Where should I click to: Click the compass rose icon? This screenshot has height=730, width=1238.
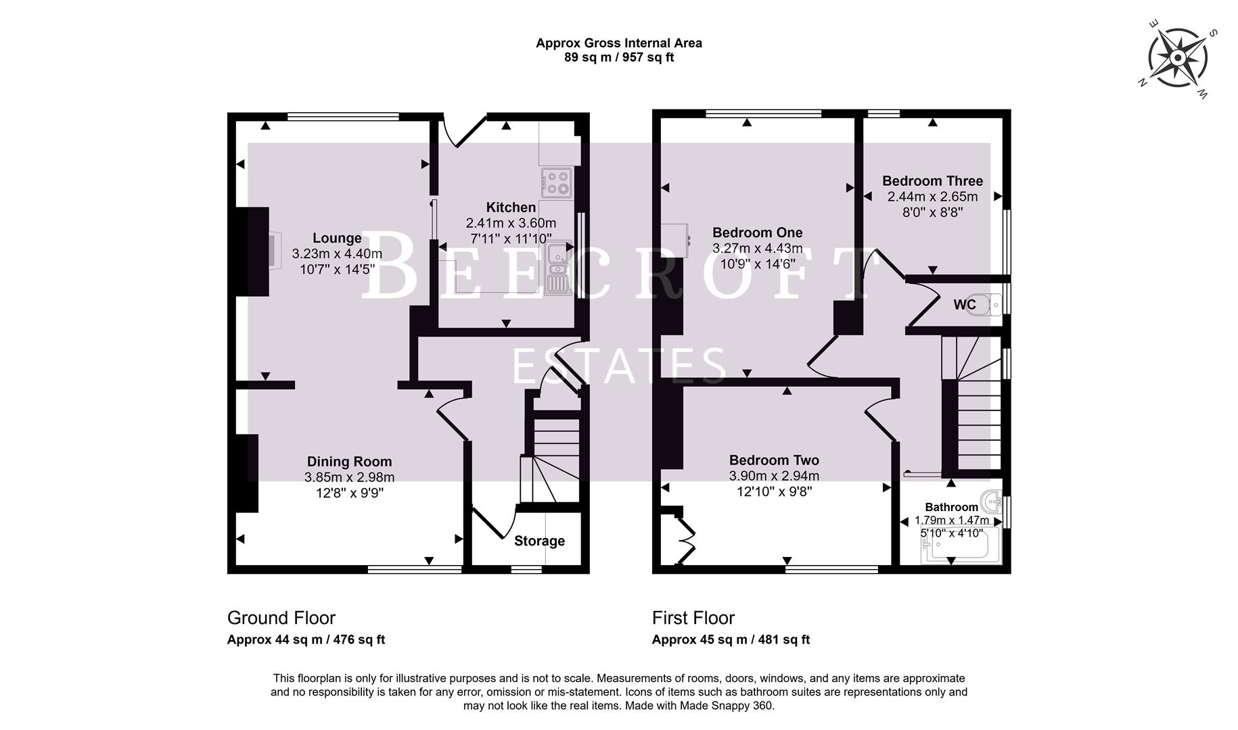(1178, 58)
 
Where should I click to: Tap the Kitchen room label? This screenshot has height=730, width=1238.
(511, 208)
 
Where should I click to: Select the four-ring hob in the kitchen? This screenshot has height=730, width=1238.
(556, 183)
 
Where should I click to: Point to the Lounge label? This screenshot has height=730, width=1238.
(337, 238)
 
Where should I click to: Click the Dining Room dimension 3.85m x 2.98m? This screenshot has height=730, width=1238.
(349, 477)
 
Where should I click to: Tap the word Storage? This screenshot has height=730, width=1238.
(539, 541)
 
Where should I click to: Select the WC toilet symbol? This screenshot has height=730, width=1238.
(993, 304)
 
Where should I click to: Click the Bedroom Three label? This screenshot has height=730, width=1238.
(932, 181)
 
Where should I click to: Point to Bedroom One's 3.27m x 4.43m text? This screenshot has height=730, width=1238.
(757, 249)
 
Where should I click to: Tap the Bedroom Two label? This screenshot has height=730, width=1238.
(774, 460)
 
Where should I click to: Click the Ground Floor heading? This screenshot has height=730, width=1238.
(281, 618)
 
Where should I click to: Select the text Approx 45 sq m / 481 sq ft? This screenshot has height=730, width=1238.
(731, 639)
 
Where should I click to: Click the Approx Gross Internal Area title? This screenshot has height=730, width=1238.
(618, 43)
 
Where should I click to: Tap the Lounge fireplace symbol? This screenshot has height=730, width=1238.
(273, 251)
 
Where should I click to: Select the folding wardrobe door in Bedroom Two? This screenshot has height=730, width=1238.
(686, 541)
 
